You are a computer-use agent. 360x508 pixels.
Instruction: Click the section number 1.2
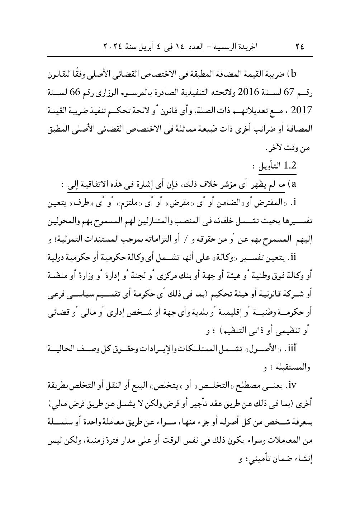289,166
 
